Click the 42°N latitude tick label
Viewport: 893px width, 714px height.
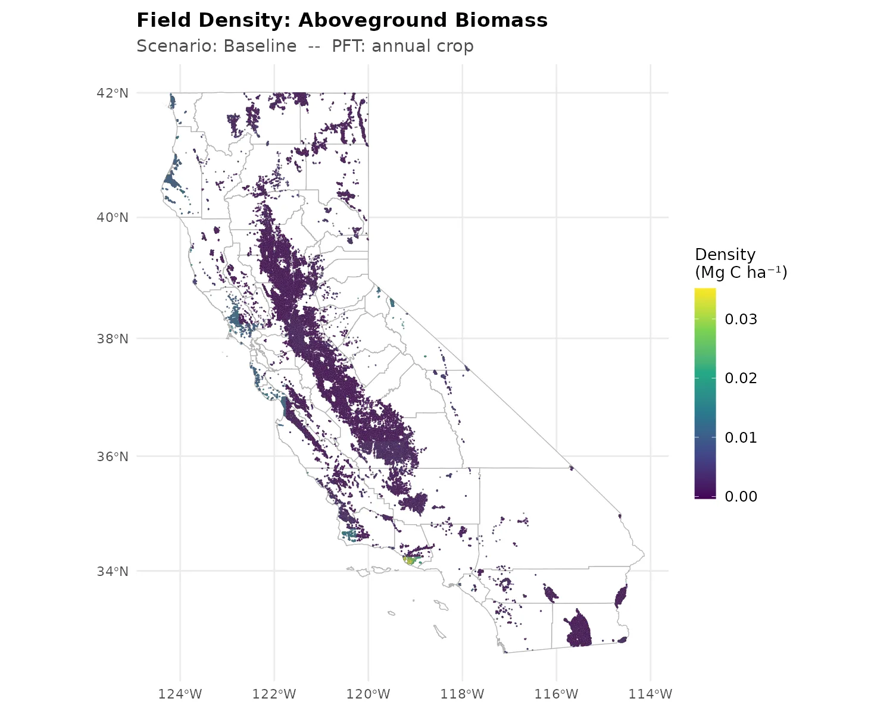pyautogui.click(x=113, y=93)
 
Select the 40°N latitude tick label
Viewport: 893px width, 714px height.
pyautogui.click(x=113, y=217)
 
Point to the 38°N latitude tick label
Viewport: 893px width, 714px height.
pyautogui.click(x=113, y=339)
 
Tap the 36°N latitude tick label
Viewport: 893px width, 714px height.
pyautogui.click(x=113, y=456)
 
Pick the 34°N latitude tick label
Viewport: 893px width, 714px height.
pyautogui.click(x=113, y=571)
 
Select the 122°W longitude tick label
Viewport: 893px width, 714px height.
pyautogui.click(x=274, y=694)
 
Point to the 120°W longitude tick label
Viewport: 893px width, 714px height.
pyautogui.click(x=368, y=694)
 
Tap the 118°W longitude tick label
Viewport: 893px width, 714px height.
pyautogui.click(x=462, y=694)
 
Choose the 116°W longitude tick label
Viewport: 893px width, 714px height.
pyautogui.click(x=556, y=694)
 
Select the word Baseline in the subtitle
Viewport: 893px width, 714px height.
pyautogui.click(x=260, y=46)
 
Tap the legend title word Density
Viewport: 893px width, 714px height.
pyautogui.click(x=725, y=255)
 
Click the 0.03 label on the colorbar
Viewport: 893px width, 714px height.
pyautogui.click(x=741, y=320)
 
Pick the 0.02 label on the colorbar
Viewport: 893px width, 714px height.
pyautogui.click(x=741, y=378)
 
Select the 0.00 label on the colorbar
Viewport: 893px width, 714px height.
pyautogui.click(x=741, y=496)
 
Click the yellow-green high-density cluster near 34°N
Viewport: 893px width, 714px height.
pyautogui.click(x=410, y=560)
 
